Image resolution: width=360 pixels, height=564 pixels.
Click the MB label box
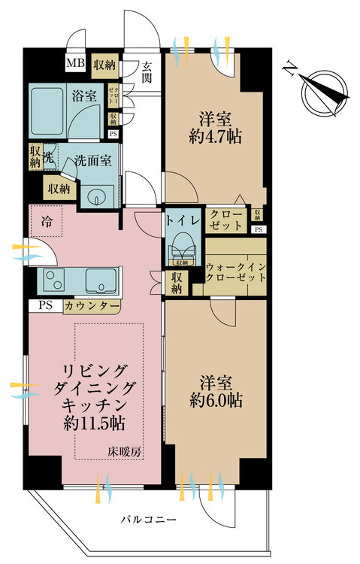pyautogui.click(x=75, y=64)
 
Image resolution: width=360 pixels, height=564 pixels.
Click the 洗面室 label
pyautogui.click(x=92, y=159)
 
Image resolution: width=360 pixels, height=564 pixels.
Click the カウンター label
pyautogui.click(x=91, y=306)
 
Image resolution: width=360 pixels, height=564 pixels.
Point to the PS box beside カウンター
pyautogui.click(x=44, y=306)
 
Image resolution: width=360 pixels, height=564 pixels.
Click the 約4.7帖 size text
pyautogui.click(x=215, y=136)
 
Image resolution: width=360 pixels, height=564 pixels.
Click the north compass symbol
pyautogui.click(x=325, y=89)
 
